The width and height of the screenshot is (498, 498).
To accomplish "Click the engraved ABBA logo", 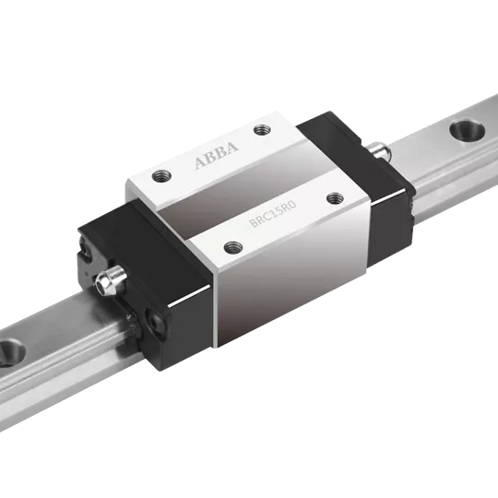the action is coord(217,155).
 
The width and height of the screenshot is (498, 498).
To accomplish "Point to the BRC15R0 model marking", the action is coord(273,213).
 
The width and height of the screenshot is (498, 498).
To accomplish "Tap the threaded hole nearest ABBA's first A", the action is coord(161,176).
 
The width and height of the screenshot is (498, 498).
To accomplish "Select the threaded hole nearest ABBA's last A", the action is coord(262,130).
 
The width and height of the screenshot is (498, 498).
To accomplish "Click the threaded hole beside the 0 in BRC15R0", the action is coord(336,198).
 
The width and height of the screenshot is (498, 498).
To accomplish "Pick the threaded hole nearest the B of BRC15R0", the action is coord(233,247).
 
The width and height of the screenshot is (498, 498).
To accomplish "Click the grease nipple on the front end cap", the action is coord(110,280).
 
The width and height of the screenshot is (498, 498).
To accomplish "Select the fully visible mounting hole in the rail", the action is coord(468,130).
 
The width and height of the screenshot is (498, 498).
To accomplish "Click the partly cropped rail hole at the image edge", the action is coord(11,353).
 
